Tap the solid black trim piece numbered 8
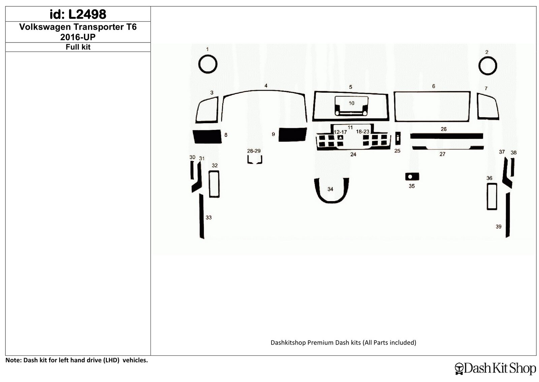pos(207,136)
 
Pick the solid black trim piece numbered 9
pos(292,135)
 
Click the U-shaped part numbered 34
pos(331,201)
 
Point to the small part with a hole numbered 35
pos(415,177)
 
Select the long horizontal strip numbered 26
pos(447,136)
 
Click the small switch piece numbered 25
pos(398,138)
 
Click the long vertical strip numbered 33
pos(202,216)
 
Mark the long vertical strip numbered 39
pos(508,215)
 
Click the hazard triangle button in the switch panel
pos(341,137)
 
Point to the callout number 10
pos(352,103)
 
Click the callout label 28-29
pos(254,151)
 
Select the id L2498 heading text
pos(78,14)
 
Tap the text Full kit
pos(78,47)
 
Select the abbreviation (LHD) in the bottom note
pos(112,360)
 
